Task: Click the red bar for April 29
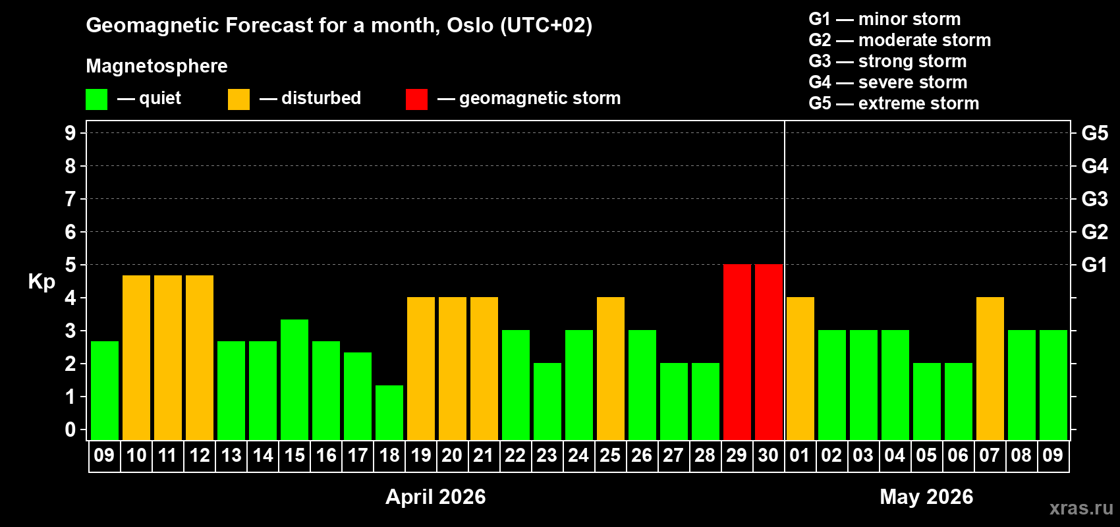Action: click(x=737, y=352)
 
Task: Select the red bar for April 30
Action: click(x=768, y=352)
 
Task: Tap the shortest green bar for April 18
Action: click(x=389, y=412)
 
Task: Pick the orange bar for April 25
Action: click(x=611, y=368)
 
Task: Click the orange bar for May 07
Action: click(x=990, y=368)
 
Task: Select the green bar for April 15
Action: click(x=294, y=379)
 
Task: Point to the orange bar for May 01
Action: click(x=800, y=368)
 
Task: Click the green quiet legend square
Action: click(x=96, y=99)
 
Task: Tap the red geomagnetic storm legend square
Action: click(x=416, y=99)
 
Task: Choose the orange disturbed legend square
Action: click(x=238, y=99)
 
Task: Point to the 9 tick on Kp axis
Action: click(x=70, y=133)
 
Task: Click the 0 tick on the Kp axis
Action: click(x=70, y=430)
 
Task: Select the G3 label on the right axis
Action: click(x=1094, y=199)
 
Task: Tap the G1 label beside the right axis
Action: click(x=1094, y=265)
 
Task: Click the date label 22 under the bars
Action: click(x=515, y=455)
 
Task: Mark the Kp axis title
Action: click(x=42, y=282)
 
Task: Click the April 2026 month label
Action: click(x=435, y=497)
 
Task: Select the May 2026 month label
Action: click(x=926, y=497)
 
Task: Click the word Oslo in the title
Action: click(x=470, y=25)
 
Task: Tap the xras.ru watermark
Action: click(x=1081, y=507)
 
